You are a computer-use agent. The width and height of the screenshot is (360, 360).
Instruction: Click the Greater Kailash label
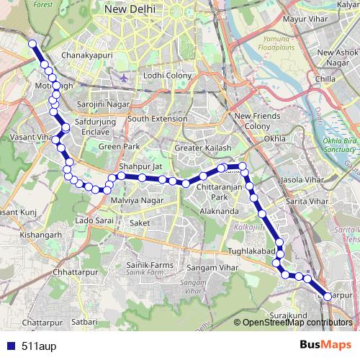(203, 148)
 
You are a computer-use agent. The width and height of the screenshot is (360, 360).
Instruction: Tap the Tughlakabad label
(252, 250)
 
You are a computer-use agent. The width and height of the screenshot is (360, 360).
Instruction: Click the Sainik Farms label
(145, 266)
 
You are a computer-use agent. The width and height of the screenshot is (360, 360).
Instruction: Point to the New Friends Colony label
(253, 121)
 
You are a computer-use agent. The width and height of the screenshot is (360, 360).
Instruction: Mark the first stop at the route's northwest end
(32, 44)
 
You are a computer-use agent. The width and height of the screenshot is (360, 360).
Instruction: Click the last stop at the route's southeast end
(328, 295)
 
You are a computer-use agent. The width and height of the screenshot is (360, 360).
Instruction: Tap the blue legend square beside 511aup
(10, 345)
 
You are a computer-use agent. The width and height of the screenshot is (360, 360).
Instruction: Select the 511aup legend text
(36, 345)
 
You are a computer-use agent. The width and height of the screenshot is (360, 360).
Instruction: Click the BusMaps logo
(325, 345)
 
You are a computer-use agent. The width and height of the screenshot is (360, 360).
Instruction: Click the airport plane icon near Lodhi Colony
(125, 78)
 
